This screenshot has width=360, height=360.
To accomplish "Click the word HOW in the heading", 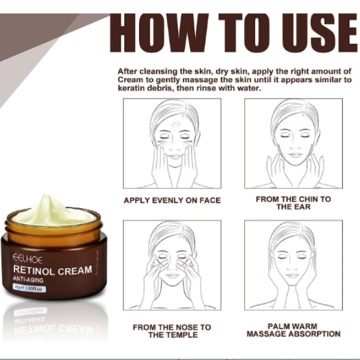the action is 160,33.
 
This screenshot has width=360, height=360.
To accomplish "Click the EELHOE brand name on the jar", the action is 28,259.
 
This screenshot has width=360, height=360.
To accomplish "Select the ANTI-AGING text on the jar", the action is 28,280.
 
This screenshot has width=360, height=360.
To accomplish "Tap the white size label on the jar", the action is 29,288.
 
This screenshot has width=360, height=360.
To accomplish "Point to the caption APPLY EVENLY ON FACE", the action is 172,200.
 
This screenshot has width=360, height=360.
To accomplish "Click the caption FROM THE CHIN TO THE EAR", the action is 293,203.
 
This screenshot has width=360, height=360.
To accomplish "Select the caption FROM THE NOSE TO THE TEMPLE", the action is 172,331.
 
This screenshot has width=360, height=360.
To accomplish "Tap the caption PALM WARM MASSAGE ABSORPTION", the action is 293,330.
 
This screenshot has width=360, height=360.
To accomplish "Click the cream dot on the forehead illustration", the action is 176,125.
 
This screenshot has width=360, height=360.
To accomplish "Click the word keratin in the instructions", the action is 131,88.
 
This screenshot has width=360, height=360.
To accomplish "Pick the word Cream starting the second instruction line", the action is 130,80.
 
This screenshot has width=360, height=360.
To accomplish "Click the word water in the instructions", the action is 249,88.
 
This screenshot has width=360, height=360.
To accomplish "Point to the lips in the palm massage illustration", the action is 292,275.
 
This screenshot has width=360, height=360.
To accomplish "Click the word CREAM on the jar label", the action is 75,271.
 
